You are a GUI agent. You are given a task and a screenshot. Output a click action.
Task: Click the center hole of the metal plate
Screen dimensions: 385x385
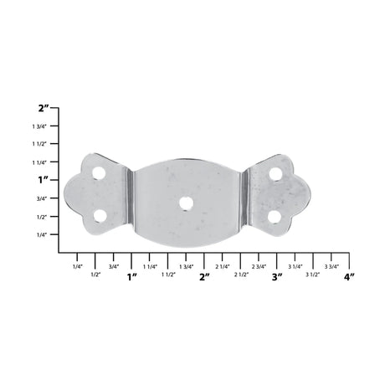183,202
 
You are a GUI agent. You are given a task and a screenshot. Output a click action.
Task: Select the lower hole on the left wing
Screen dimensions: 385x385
100,215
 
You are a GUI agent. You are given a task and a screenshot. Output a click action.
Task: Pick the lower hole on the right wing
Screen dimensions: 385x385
274,216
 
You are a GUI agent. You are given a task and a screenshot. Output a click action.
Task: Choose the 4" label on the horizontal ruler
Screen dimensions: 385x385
350,276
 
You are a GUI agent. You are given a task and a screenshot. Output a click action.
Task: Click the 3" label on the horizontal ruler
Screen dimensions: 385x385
277,276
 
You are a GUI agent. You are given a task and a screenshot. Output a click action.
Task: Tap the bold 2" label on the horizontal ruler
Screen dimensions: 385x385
204,276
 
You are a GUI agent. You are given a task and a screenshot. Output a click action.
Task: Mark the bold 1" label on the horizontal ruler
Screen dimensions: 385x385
131,276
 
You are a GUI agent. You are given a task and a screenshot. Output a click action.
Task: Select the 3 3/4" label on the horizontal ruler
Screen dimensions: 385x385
331,265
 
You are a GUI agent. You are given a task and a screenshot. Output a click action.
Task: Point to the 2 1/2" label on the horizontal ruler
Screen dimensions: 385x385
241,274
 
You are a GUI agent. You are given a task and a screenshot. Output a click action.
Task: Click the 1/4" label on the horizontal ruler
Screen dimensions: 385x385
77,265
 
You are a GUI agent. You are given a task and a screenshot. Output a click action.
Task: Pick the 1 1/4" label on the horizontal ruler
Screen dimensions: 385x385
150,265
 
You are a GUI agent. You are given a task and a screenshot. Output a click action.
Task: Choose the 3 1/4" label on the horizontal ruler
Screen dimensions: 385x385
295,265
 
